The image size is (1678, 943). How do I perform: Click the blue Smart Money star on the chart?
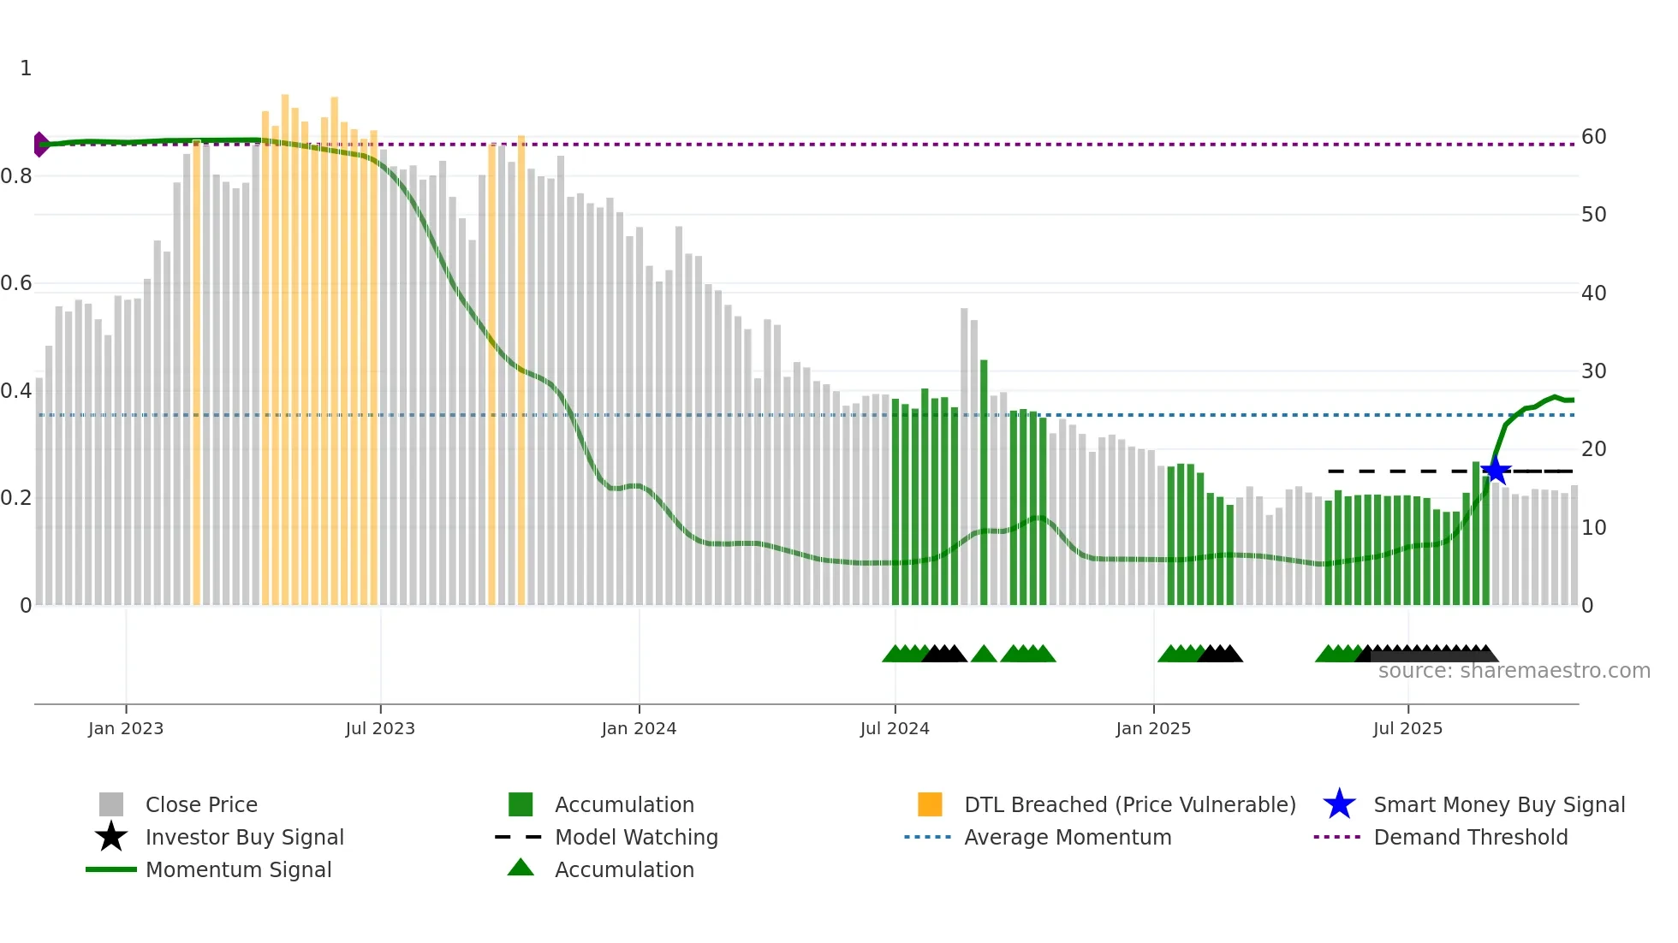(x=1496, y=471)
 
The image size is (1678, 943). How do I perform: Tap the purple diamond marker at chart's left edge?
(x=40, y=145)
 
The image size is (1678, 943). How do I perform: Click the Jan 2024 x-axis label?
(x=639, y=728)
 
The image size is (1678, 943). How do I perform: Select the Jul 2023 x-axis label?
(x=380, y=728)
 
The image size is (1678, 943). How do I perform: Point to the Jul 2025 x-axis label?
(x=1407, y=728)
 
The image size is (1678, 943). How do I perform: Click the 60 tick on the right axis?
(x=1593, y=137)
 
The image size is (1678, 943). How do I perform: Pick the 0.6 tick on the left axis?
(x=17, y=283)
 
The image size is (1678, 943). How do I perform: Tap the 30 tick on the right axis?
(x=1593, y=371)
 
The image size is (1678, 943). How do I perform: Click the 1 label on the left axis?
(x=26, y=68)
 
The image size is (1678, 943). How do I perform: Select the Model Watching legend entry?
(x=636, y=837)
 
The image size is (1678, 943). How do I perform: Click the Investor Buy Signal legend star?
(x=111, y=837)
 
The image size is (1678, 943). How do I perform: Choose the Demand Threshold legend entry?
(x=1470, y=837)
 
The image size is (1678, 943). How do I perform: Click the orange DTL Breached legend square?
(x=930, y=804)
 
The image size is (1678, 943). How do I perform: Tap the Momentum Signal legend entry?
(x=238, y=869)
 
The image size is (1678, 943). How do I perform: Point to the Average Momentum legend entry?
(x=1068, y=837)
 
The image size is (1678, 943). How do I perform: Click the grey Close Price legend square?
(x=111, y=804)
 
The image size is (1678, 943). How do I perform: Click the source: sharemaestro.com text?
(x=1514, y=671)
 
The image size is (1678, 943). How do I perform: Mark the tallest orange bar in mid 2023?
(x=285, y=342)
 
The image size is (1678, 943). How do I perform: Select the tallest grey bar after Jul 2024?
(x=964, y=454)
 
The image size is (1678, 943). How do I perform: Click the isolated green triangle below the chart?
(x=984, y=655)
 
